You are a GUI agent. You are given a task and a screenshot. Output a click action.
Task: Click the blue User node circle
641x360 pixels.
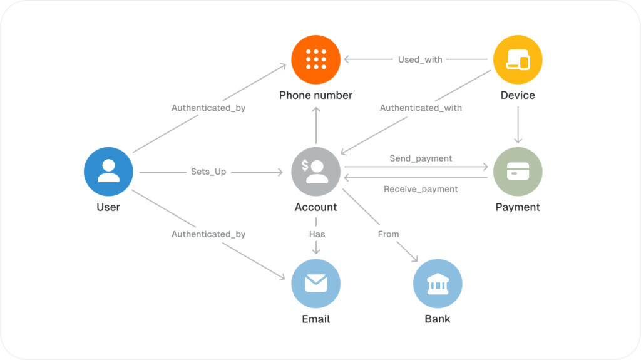(108, 172)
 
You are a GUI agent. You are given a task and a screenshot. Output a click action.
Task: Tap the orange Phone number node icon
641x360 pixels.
(316, 59)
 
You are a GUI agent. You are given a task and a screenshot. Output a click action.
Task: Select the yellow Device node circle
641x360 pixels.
(518, 59)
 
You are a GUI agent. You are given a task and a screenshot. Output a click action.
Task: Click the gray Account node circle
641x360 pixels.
(316, 172)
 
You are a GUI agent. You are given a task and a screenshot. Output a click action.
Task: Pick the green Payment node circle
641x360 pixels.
(518, 172)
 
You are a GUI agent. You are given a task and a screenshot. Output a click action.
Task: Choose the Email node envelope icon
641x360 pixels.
(316, 283)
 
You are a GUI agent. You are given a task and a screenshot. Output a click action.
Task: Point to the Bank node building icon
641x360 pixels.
(438, 284)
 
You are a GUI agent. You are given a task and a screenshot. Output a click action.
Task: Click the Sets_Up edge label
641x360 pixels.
(208, 172)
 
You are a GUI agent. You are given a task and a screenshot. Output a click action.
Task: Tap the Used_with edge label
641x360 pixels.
(420, 59)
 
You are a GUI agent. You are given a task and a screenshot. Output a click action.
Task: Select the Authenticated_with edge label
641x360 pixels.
(421, 108)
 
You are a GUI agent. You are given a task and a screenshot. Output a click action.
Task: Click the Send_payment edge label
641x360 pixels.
(421, 158)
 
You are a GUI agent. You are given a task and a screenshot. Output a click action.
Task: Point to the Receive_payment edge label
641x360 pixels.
(421, 190)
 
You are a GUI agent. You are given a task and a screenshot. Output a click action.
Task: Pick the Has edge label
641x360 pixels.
(317, 234)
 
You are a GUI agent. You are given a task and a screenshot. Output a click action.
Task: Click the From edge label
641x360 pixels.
(388, 234)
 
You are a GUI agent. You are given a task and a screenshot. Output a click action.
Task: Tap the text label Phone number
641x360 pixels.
(315, 95)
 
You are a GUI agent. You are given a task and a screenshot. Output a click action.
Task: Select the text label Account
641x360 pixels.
(316, 207)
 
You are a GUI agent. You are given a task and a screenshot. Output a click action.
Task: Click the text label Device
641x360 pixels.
(518, 95)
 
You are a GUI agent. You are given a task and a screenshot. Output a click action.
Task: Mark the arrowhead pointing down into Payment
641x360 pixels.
(518, 140)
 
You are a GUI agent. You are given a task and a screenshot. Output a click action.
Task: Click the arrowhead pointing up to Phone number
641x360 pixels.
(316, 110)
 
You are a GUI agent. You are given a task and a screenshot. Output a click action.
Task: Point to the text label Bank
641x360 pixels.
(438, 319)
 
